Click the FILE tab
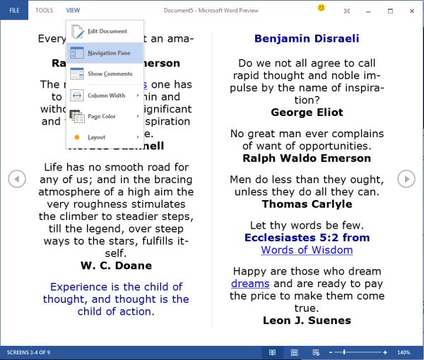click(14, 11)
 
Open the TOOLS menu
click(44, 11)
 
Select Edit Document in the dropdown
click(107, 31)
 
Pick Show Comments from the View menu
click(110, 74)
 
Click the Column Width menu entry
click(106, 95)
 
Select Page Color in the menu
click(101, 117)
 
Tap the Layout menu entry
click(96, 137)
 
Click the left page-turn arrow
click(17, 179)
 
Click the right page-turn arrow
click(406, 179)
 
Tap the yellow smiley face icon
click(322, 8)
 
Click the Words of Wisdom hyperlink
click(307, 250)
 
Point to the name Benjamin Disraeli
click(307, 39)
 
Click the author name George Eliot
click(307, 112)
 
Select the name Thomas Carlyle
click(307, 204)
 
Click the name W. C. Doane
click(116, 266)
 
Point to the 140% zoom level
click(404, 352)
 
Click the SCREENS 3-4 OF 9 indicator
click(30, 352)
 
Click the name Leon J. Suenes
click(307, 320)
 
